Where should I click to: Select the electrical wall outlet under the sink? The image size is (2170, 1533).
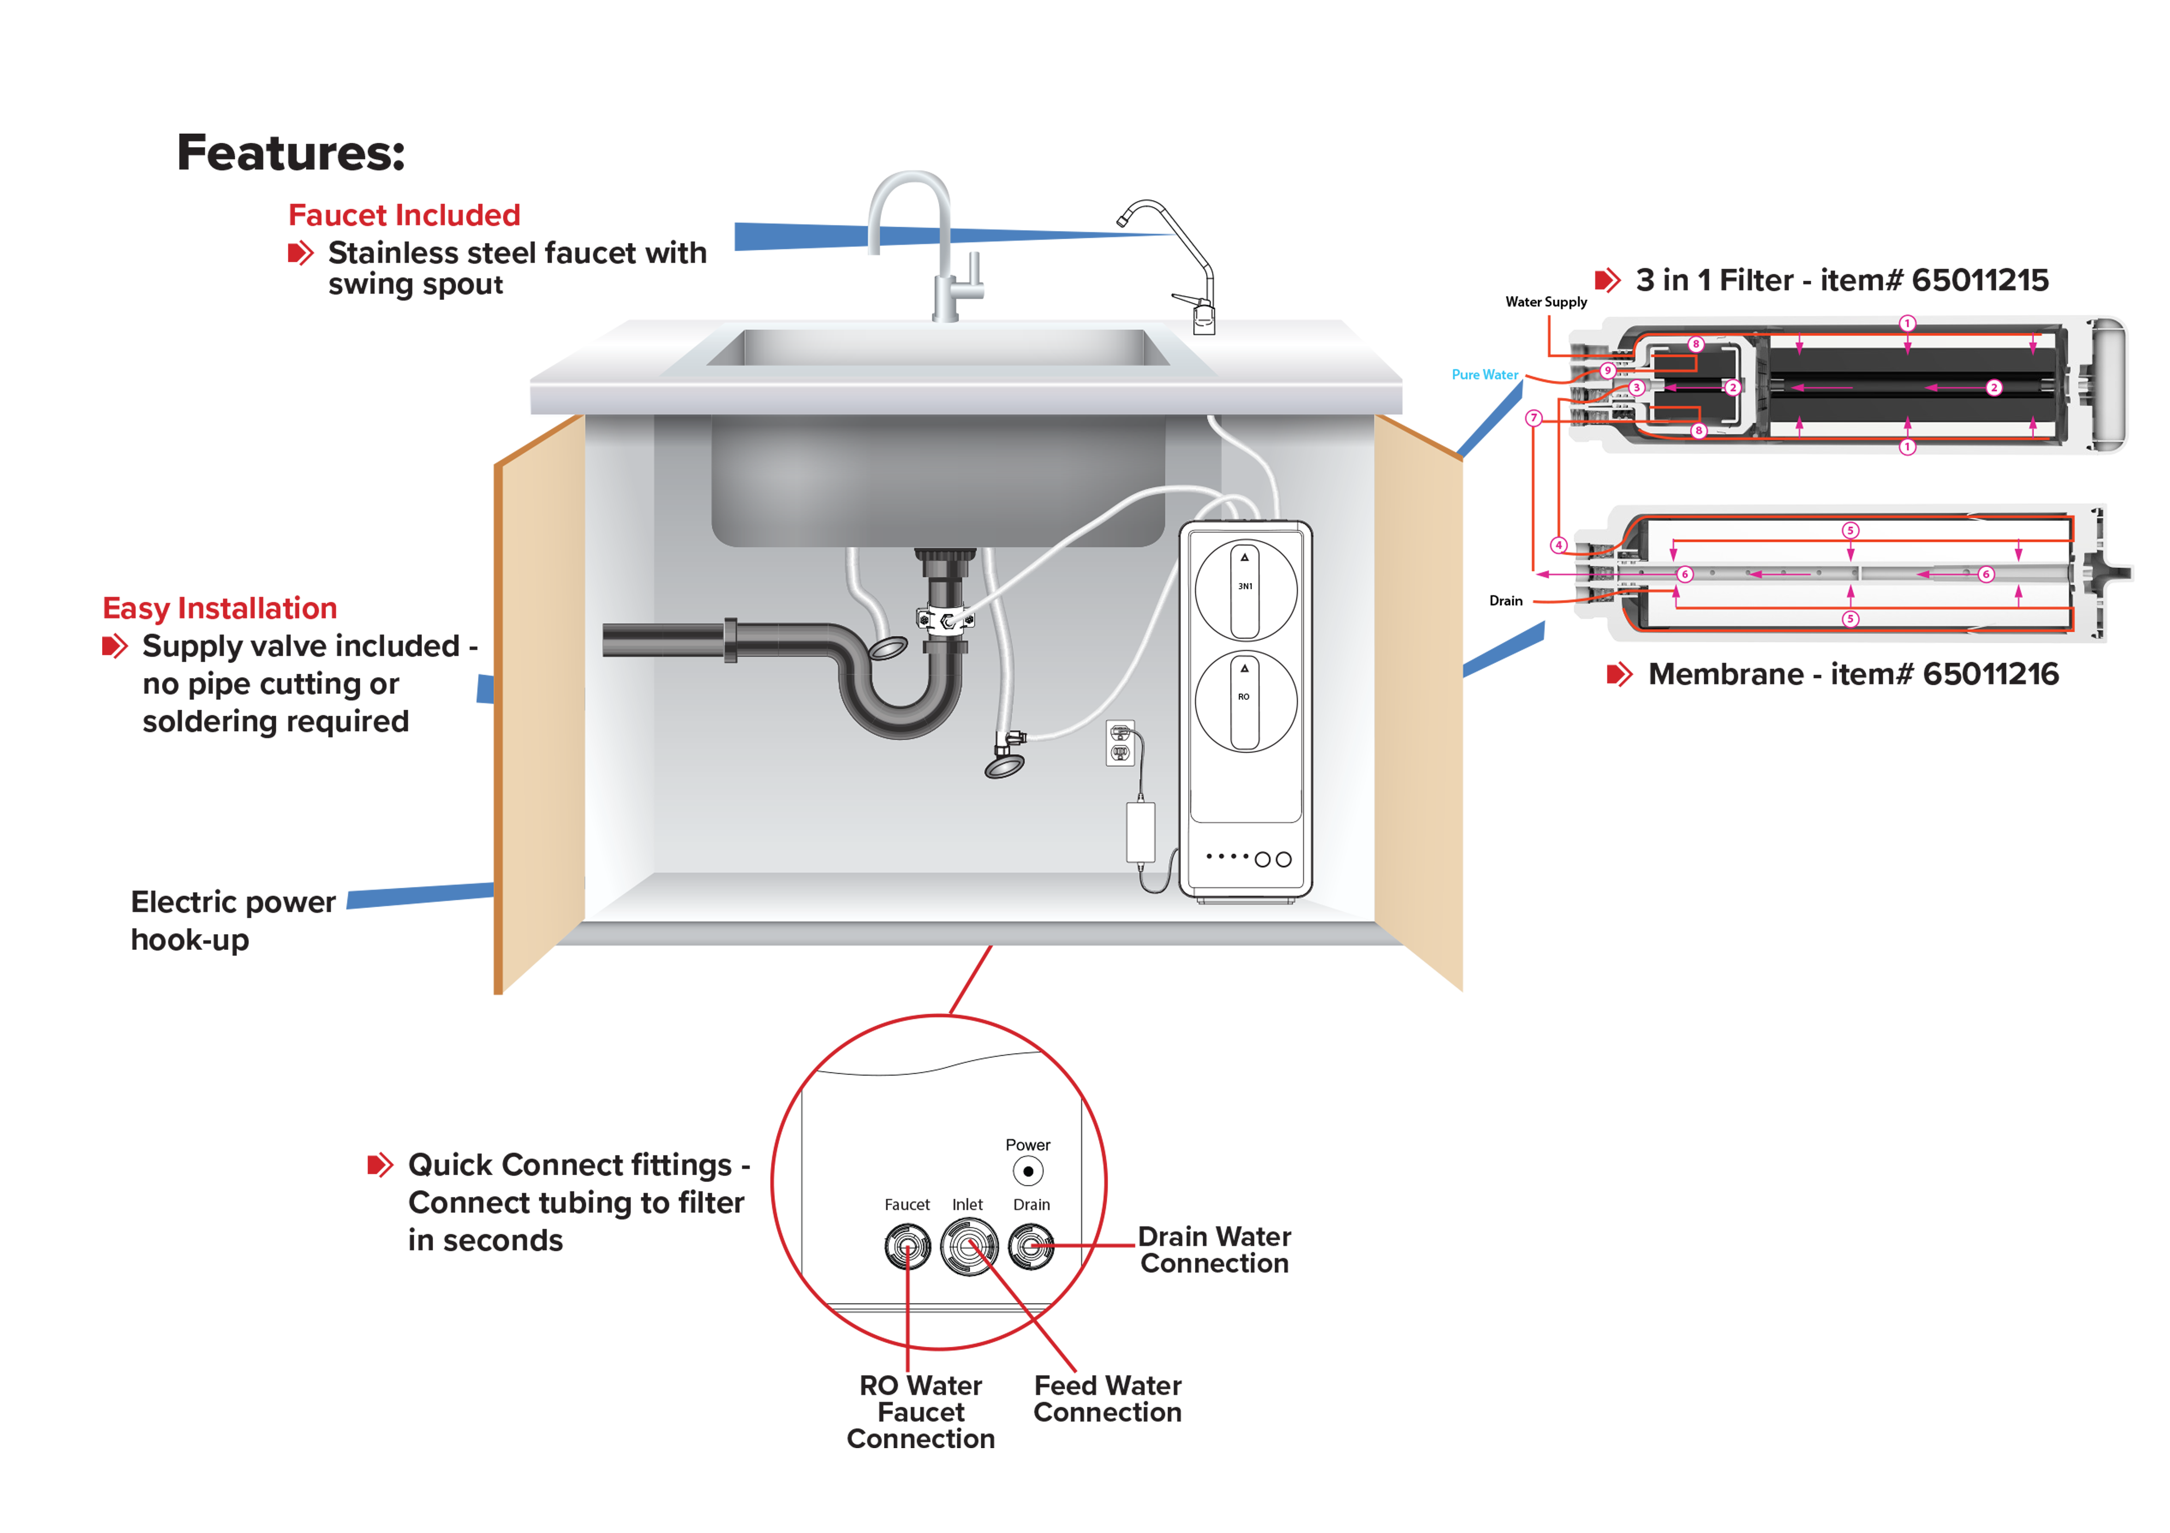pos(1120,743)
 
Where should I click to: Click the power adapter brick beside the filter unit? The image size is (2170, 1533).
pos(1141,832)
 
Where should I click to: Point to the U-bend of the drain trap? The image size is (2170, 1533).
pos(898,714)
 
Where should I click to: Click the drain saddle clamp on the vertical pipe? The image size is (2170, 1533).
pos(945,620)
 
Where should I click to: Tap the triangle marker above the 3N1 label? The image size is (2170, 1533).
pos(1245,557)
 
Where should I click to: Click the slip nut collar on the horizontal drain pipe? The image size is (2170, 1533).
pos(731,640)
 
